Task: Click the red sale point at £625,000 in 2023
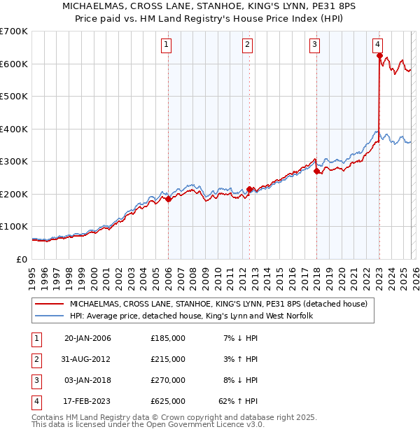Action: tap(379, 56)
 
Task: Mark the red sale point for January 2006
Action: tap(168, 199)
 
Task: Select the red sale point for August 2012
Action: tap(250, 189)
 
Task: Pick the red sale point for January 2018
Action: tap(316, 171)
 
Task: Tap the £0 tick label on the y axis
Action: tap(21, 259)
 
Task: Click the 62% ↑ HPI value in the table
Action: tap(238, 401)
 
